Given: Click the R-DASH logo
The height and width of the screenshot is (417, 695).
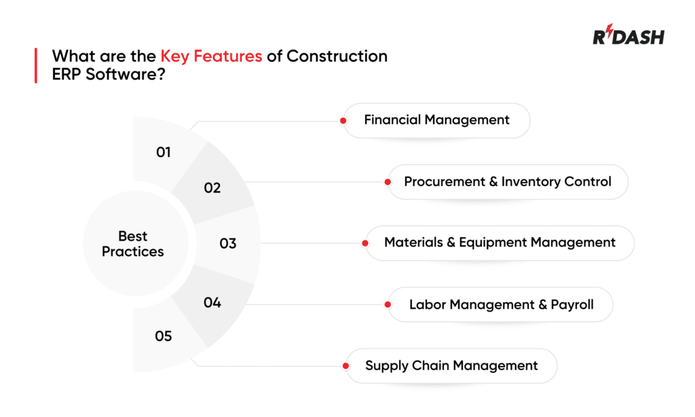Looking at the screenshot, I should click(628, 37).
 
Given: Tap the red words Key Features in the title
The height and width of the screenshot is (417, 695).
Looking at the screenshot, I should click(211, 56).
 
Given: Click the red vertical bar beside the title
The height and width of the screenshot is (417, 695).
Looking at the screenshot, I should click(35, 65).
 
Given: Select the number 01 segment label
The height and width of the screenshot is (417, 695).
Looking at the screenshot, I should click(164, 152).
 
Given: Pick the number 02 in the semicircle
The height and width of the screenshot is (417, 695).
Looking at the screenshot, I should click(212, 187).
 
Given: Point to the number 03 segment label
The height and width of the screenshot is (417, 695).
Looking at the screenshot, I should click(228, 243).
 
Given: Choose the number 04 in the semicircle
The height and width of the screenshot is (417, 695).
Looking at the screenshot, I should click(212, 303).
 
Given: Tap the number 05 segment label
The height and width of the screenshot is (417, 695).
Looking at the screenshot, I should click(164, 336).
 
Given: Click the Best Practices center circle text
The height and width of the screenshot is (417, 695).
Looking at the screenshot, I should click(133, 244).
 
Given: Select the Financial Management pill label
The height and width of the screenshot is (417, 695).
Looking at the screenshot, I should click(436, 120).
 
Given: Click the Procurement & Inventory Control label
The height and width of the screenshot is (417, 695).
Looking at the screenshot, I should click(508, 181).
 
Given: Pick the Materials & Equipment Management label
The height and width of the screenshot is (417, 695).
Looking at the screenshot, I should click(500, 242).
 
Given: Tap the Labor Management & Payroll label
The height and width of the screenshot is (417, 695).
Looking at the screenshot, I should click(501, 304).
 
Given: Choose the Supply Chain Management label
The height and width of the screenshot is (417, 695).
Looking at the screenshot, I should click(451, 365).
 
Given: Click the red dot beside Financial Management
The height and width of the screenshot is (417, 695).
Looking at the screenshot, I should click(343, 121).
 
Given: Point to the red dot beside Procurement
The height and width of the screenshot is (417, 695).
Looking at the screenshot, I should click(388, 182).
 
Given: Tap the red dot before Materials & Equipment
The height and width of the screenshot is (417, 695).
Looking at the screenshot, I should click(366, 243).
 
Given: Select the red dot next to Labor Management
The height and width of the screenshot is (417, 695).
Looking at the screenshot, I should click(388, 305).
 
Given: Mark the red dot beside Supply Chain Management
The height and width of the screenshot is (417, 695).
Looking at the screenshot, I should click(346, 366).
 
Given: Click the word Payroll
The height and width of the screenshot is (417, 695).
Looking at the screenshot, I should click(571, 304).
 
